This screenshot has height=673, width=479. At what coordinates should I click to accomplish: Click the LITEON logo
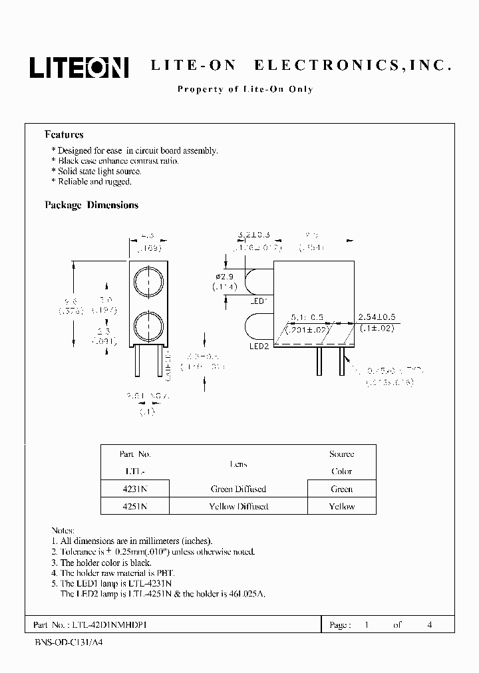[x=78, y=67]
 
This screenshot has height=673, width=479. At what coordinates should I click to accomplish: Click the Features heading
[x=64, y=134]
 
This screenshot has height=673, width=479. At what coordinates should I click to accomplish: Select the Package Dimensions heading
[x=91, y=205]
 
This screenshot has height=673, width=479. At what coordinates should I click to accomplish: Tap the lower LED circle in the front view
[x=146, y=326]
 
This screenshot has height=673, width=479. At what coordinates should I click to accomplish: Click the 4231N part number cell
[x=134, y=489]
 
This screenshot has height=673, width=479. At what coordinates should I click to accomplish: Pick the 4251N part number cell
[x=134, y=506]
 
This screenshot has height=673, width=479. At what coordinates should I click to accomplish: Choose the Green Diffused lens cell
[x=239, y=489]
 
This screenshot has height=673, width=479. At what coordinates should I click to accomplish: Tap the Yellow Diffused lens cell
[x=239, y=506]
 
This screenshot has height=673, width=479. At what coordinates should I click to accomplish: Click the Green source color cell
[x=341, y=489]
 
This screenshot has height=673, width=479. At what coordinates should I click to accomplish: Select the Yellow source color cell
[x=341, y=506]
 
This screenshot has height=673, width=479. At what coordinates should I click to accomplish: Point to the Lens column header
[x=239, y=464]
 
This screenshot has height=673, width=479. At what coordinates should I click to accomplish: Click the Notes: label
[x=63, y=530]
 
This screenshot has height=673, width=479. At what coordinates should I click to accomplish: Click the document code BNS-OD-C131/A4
[x=68, y=644]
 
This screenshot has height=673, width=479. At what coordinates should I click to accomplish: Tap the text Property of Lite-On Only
[x=245, y=89]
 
